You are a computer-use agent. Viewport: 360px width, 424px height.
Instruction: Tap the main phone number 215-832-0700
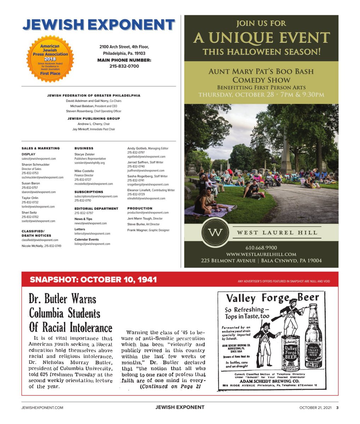pyautogui.click(x=124, y=66)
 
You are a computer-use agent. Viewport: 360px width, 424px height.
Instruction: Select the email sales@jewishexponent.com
pyautogui.click(x=39, y=159)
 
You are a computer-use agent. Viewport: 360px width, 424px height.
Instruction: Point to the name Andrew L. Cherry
pyautogui.click(x=90, y=124)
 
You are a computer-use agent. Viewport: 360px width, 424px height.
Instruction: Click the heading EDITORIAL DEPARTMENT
pyautogui.click(x=96, y=208)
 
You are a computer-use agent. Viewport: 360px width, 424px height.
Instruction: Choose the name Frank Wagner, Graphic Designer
pyautogui.click(x=148, y=230)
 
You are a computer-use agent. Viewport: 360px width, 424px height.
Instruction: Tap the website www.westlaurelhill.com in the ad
pyautogui.click(x=261, y=254)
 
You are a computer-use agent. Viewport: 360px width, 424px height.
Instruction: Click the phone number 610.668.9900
pyautogui.click(x=261, y=248)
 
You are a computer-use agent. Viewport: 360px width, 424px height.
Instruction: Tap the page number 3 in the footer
pyautogui.click(x=337, y=407)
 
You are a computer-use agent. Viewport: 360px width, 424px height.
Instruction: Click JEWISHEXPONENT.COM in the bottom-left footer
pyautogui.click(x=42, y=407)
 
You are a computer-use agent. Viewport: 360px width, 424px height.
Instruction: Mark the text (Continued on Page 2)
pyautogui.click(x=170, y=387)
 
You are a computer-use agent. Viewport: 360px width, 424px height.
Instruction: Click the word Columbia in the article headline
pyautogui.click(x=46, y=313)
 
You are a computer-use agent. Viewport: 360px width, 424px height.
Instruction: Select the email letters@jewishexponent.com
pyautogui.click(x=92, y=234)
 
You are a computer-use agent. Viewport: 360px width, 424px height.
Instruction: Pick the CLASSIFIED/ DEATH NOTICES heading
pyautogui.click(x=36, y=233)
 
